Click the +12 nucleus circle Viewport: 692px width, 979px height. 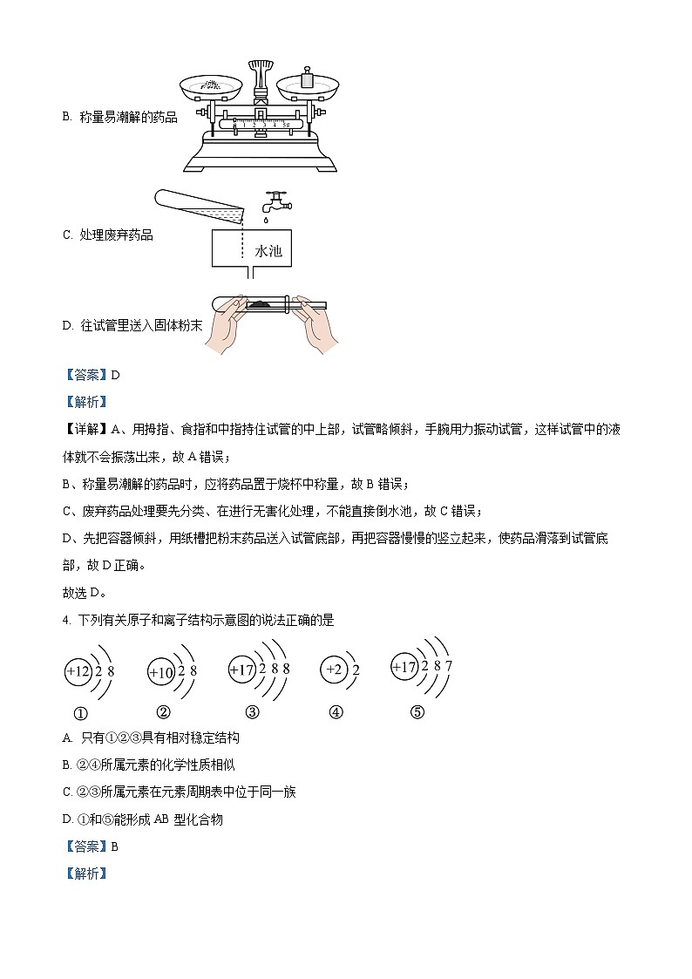78,672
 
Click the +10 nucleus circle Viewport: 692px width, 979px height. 162,672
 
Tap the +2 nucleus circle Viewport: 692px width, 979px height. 333,670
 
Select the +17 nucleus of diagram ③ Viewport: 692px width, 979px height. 241,670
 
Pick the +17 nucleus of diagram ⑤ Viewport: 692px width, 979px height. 405,668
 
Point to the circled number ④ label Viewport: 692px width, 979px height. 336,711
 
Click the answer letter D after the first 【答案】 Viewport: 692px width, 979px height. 114,375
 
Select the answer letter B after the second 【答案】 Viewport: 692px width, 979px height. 114,846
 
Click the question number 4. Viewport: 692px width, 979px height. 66,621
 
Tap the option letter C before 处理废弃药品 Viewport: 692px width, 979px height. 67,235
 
